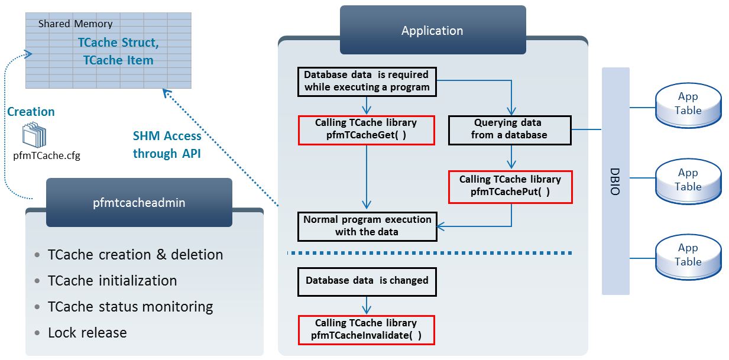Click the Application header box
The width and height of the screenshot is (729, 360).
pos(432,31)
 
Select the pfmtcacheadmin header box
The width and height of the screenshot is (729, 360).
pos(139,203)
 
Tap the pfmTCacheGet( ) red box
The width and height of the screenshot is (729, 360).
pos(367,129)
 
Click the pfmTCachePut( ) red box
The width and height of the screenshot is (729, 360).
pos(510,186)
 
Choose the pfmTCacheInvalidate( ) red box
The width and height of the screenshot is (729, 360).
pos(366,329)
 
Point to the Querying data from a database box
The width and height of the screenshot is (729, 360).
pos(509,129)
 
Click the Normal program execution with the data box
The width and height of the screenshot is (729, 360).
pos(367,226)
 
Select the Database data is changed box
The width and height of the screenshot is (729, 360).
pos(367,281)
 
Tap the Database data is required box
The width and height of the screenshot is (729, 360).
pos(367,82)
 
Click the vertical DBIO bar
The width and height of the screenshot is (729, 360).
pos(615,181)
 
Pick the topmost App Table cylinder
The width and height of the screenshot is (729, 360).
pos(688,104)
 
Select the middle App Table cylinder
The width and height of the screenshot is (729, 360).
pos(688,180)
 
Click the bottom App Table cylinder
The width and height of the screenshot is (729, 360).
pos(688,255)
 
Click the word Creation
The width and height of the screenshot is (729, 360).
pos(31,112)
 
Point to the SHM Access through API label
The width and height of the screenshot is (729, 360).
pos(167,145)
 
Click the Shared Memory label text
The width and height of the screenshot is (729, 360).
pos(75,24)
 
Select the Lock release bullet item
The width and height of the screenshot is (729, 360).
pos(87,333)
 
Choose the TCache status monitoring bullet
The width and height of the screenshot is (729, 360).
pos(130,307)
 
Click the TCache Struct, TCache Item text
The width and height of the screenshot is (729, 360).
pos(118,51)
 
